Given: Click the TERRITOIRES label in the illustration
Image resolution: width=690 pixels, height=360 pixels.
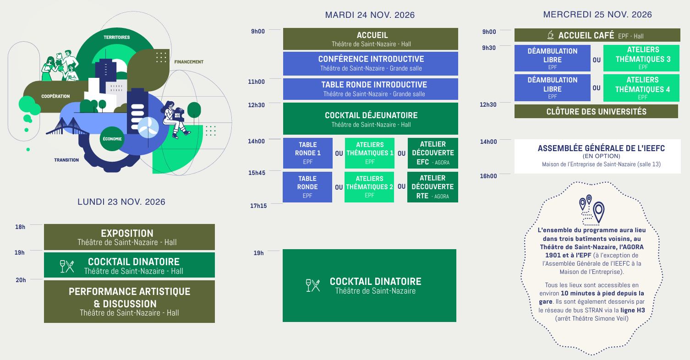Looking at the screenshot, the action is coord(116,37).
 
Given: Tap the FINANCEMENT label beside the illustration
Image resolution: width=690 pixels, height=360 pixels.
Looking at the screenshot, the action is coord(189,62).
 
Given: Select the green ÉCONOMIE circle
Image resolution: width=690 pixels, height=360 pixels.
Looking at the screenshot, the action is coord(112,139).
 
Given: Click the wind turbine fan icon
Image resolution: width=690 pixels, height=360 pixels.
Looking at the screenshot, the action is coord(148,127).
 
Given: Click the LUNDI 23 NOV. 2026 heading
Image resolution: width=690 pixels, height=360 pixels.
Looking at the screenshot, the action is coord(121,202).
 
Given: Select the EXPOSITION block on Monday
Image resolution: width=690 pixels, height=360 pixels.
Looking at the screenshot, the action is coord(129,237).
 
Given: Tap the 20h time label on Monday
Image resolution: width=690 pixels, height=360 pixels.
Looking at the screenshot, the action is coord(21,280).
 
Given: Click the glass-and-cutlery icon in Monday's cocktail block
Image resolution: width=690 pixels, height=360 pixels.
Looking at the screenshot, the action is coord(67,267).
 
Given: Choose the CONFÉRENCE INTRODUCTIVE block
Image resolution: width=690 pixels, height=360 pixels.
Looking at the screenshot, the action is coord(371,64).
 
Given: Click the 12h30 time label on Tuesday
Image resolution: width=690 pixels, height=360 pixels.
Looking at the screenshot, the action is coord(256,105).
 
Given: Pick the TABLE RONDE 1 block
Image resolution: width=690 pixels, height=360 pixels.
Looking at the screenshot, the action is coord(308,153).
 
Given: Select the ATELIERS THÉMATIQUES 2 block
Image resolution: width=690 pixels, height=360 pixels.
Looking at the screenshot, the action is coord(369,187).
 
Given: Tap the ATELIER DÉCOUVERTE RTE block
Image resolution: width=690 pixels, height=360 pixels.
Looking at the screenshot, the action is coord(433,187).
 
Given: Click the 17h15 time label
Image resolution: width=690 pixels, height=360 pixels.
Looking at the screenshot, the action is coord(258,206).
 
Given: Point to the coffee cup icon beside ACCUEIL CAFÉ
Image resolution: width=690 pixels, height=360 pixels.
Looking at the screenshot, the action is coord(550,35).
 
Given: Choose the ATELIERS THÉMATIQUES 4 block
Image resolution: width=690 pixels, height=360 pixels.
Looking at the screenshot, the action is coord(641,88).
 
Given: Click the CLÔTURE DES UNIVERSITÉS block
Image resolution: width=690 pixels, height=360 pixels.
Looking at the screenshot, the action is coord(596,111).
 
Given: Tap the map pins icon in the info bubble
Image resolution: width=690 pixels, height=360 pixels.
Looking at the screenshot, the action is coord(592,210).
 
